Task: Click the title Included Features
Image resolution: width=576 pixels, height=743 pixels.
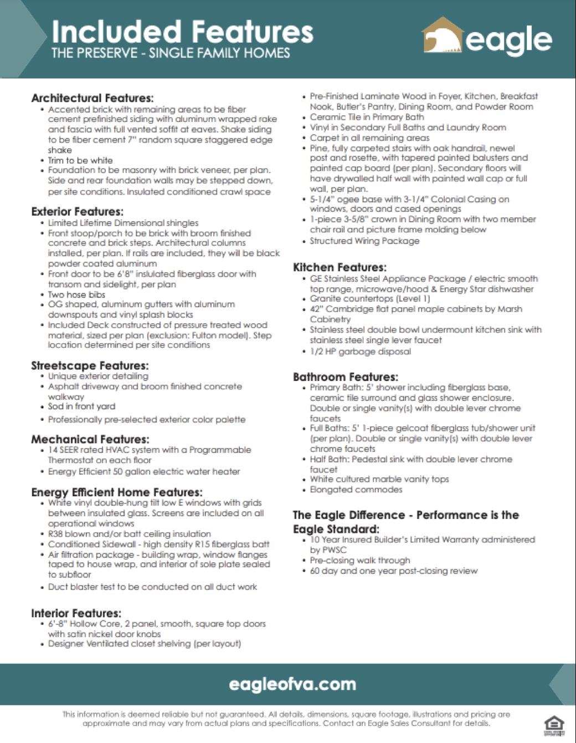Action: click(182, 32)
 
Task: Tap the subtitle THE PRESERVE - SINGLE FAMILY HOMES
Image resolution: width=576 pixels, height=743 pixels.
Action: click(171, 53)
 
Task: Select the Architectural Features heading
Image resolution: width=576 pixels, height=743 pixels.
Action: click(92, 98)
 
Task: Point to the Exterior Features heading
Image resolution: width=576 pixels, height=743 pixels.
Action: click(77, 211)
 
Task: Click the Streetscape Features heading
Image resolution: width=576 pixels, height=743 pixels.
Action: click(90, 365)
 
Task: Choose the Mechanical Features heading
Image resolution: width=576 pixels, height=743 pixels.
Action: click(90, 439)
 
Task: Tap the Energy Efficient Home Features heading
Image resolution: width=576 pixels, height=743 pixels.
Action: click(117, 492)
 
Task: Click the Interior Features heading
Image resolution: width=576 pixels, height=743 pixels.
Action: click(76, 613)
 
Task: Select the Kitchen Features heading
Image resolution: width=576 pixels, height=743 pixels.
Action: click(340, 267)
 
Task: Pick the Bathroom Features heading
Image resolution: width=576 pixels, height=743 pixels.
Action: click(345, 377)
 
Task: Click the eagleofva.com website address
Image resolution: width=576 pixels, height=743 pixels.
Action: click(292, 684)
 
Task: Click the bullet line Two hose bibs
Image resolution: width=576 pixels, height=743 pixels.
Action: click(76, 294)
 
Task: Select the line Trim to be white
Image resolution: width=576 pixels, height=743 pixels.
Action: click(80, 160)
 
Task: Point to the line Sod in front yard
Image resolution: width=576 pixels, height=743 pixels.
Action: click(81, 406)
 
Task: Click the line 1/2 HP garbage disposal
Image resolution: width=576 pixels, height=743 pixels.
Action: click(360, 352)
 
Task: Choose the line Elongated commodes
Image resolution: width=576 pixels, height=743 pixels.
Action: click(356, 490)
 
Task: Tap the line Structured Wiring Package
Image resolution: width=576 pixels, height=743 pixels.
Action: click(364, 241)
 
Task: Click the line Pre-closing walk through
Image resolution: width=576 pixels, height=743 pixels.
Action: click(360, 560)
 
